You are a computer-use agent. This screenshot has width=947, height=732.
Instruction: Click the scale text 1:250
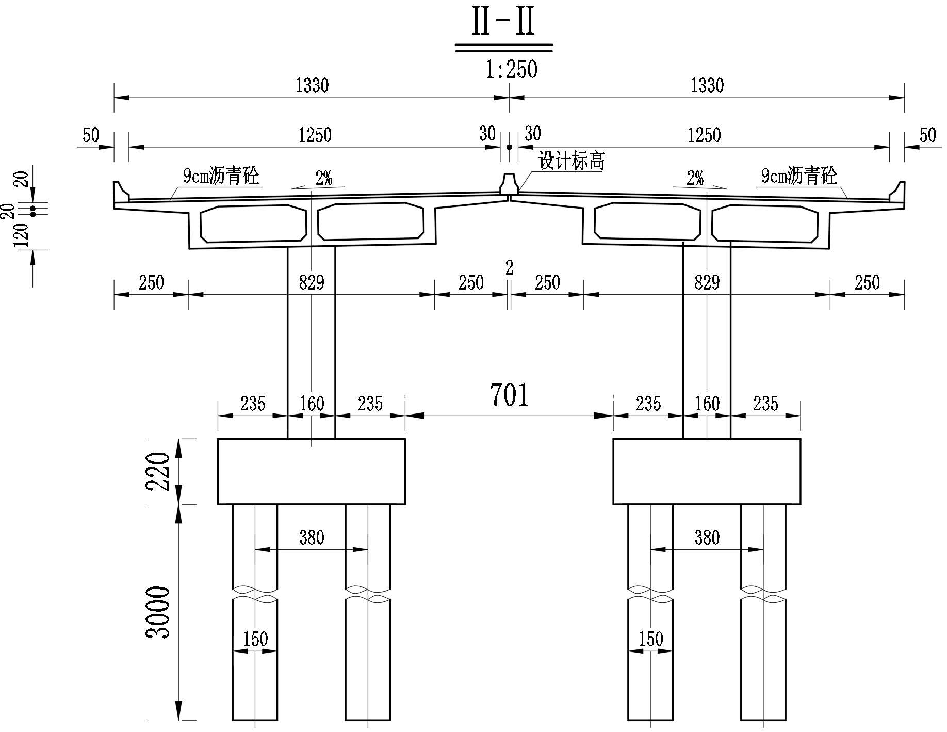(511, 69)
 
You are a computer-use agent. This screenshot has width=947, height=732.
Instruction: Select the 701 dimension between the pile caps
(510, 395)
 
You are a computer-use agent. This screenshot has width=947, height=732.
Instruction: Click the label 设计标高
(572, 161)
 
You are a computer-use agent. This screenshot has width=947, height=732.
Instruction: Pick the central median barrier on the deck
(509, 184)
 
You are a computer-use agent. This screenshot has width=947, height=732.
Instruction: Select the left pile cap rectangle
(311, 471)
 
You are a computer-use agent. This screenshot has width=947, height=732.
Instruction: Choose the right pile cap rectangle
(707, 471)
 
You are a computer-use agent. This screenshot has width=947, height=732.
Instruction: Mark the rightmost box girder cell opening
(765, 224)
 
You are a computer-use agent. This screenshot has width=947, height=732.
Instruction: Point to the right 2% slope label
(695, 179)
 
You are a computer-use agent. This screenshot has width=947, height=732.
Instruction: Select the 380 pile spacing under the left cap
(312, 537)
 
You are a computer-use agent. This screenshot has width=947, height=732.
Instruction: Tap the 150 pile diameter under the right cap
(651, 639)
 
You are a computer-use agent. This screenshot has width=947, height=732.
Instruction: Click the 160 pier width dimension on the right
(707, 404)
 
